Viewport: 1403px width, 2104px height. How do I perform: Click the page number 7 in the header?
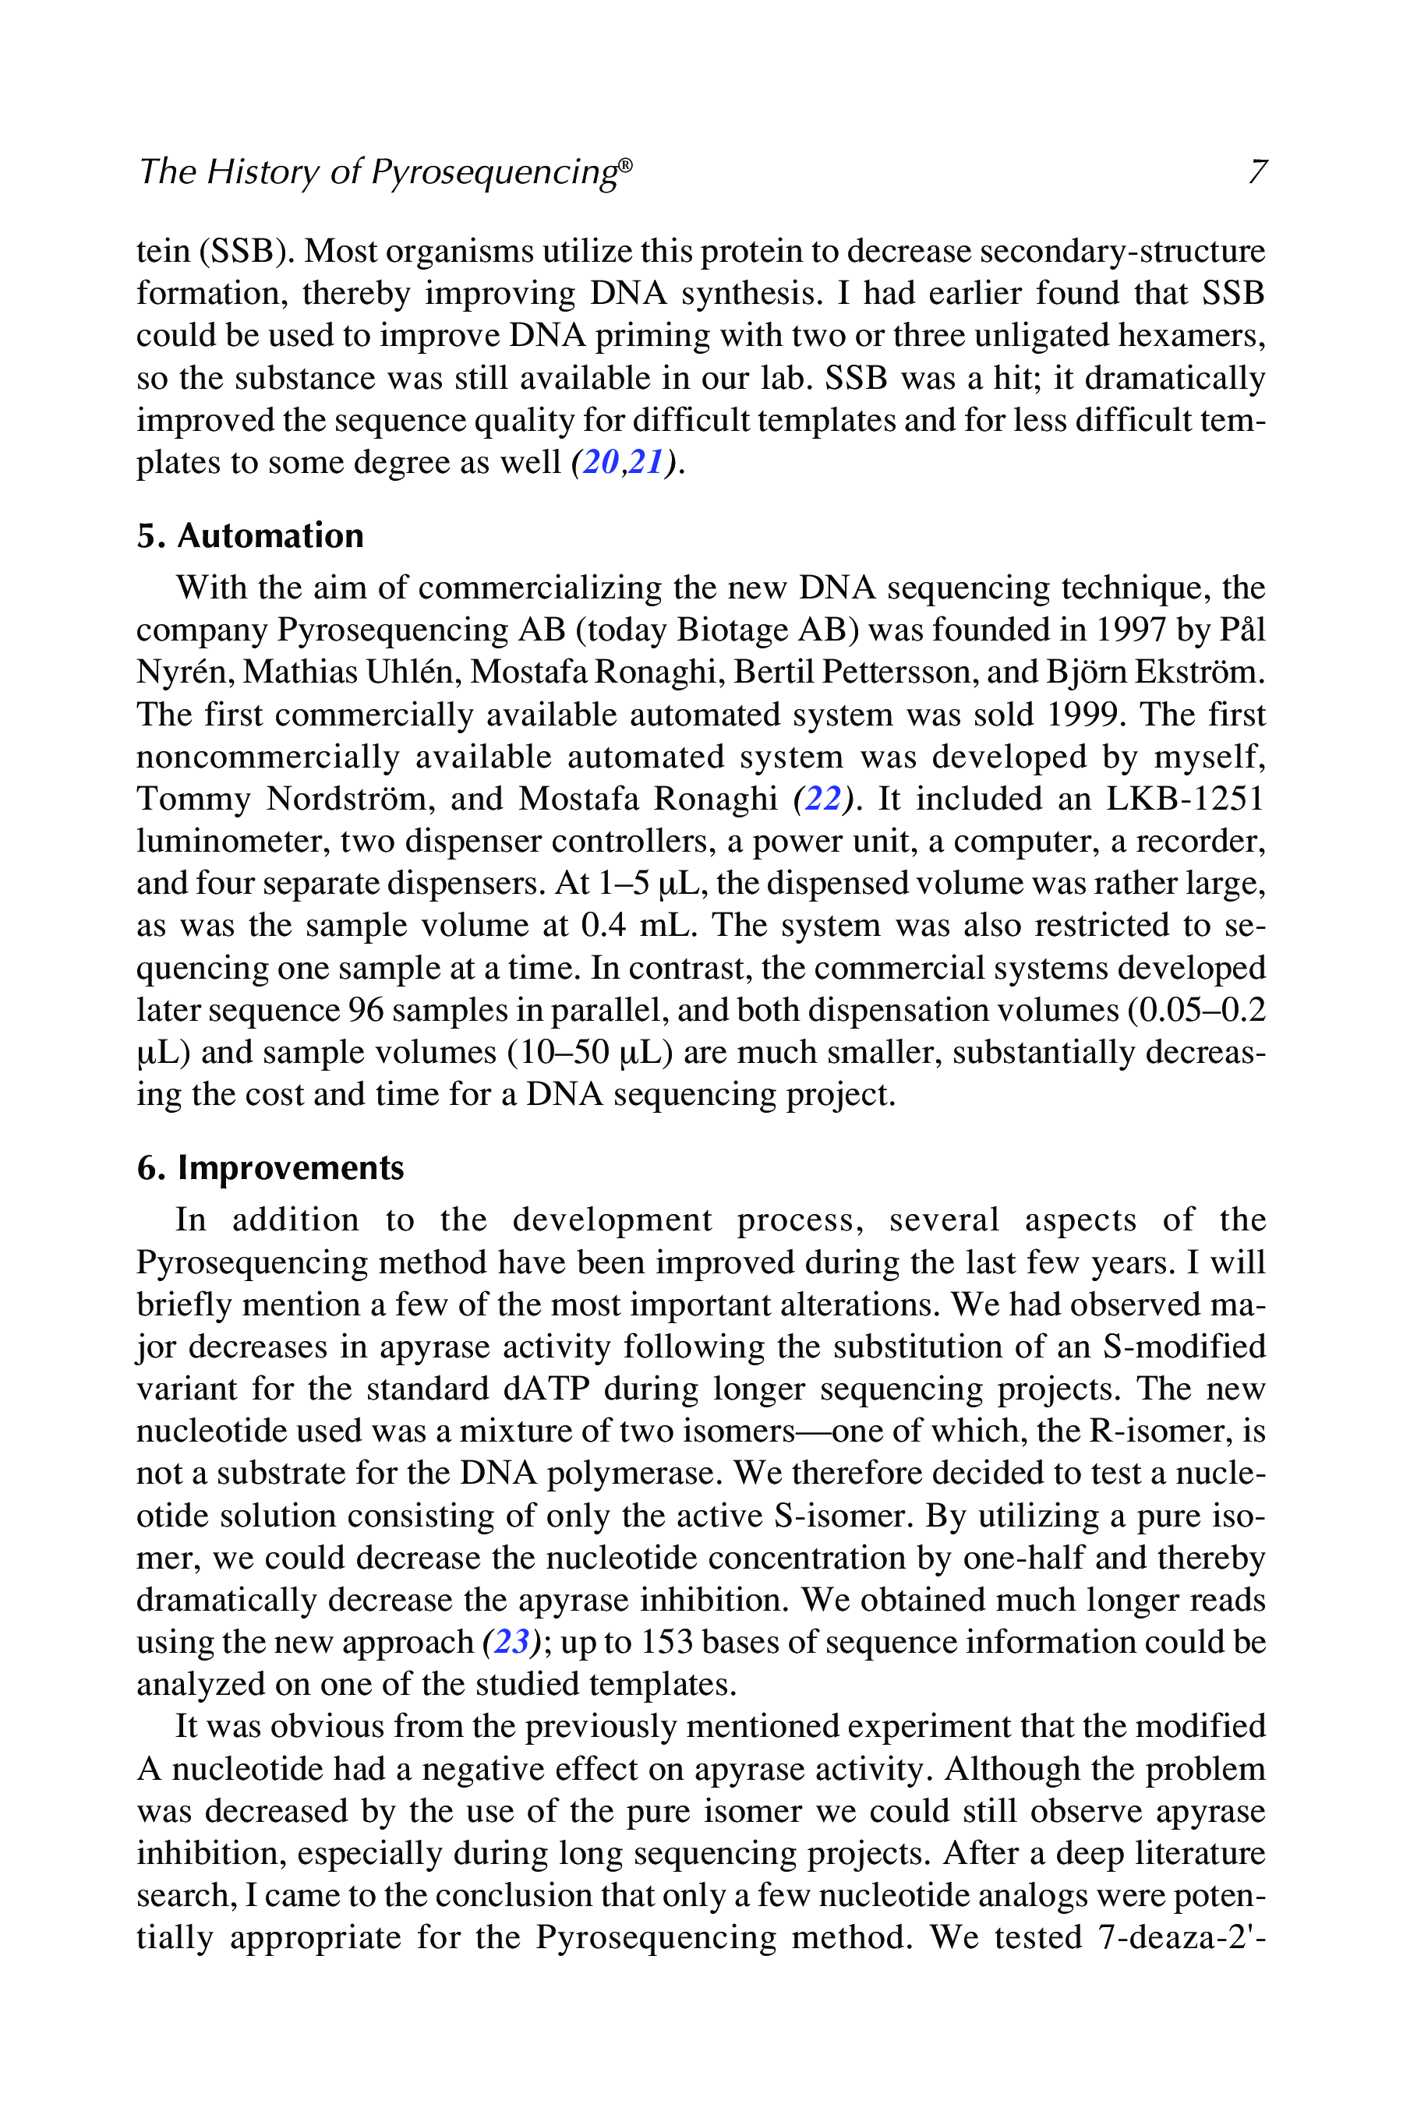point(1257,171)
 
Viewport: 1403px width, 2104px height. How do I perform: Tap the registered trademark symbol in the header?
point(625,164)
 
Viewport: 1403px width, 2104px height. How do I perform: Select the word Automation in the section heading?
point(270,536)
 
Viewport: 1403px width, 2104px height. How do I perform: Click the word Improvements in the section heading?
point(291,1168)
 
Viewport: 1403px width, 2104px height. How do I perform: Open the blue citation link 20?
point(600,462)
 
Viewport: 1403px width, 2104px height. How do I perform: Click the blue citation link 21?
point(646,462)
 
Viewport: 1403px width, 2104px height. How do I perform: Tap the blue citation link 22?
point(823,799)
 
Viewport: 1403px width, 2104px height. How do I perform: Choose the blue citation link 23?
point(511,1643)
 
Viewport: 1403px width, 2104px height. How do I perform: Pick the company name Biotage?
point(726,630)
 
